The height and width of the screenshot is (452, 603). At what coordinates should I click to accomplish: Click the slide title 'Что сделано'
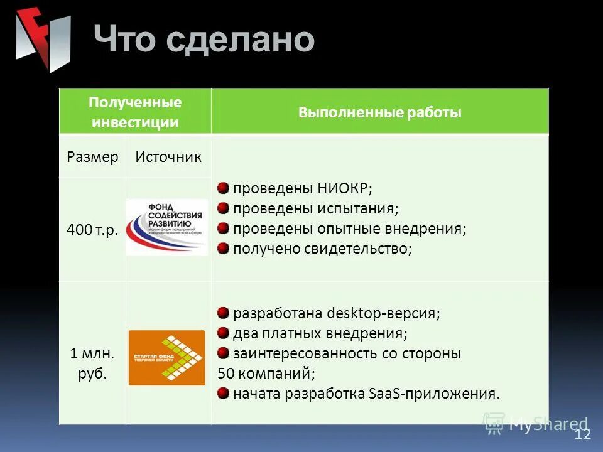tap(204, 40)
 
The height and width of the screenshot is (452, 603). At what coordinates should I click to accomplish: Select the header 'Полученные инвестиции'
tap(135, 112)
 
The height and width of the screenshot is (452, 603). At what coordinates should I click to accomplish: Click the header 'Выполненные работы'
tap(379, 112)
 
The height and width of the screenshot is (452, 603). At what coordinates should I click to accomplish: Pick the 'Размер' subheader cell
tap(92, 157)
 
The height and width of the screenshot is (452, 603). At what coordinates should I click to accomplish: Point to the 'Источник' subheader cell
tap(168, 157)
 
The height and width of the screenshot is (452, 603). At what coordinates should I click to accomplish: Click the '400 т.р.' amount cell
tap(92, 229)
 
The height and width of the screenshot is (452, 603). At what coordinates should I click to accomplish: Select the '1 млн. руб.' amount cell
tap(92, 364)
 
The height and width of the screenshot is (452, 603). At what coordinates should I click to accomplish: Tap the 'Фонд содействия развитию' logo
tap(166, 227)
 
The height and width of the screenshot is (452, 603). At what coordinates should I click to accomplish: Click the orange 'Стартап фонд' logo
tap(166, 358)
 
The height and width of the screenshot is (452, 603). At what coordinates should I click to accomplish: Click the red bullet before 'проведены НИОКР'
tap(223, 188)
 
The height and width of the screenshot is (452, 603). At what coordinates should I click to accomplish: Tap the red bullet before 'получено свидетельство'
tap(223, 249)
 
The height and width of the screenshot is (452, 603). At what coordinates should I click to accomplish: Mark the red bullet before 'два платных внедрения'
tap(223, 333)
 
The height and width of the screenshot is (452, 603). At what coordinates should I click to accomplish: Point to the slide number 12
tap(582, 435)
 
